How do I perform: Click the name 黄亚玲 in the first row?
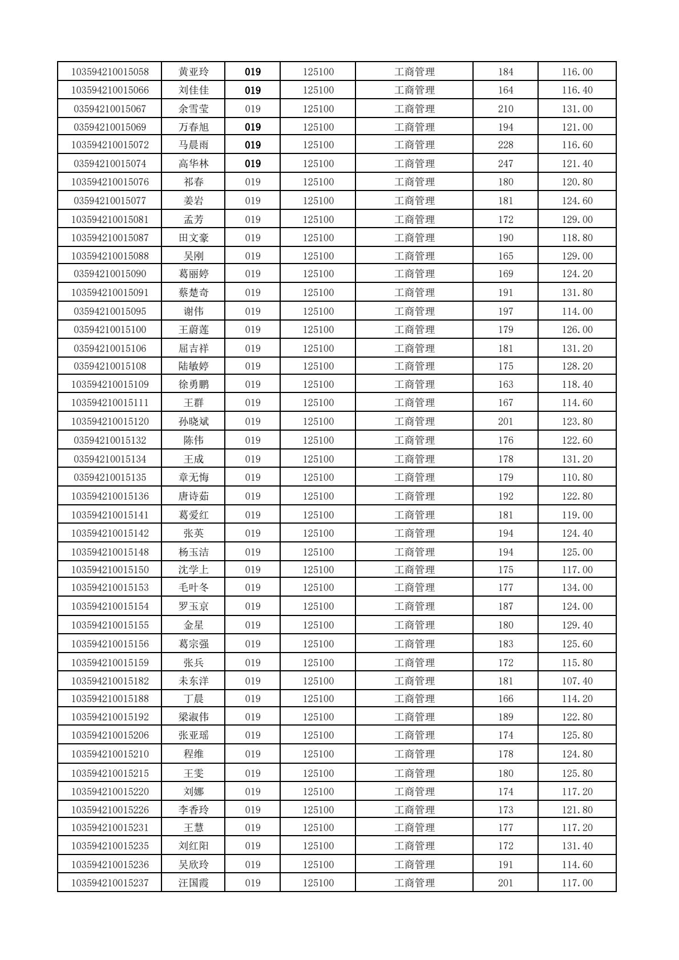click(193, 72)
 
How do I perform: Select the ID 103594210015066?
click(110, 90)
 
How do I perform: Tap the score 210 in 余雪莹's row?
click(505, 109)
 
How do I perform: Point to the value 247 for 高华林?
click(505, 164)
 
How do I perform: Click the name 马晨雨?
click(193, 145)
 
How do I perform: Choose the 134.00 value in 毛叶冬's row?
click(577, 588)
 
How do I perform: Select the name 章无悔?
click(193, 477)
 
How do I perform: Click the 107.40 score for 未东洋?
click(577, 680)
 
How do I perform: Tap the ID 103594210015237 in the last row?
click(110, 882)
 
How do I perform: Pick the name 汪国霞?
click(193, 882)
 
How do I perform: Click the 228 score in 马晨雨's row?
click(505, 145)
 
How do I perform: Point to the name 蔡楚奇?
click(193, 293)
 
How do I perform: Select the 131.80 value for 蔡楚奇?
click(577, 293)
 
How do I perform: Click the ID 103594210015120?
click(110, 422)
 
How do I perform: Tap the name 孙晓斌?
click(193, 422)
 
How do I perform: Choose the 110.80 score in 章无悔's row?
click(577, 477)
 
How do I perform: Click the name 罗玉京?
click(193, 606)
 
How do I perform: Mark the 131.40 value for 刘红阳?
click(577, 845)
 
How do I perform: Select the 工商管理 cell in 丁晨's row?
click(414, 699)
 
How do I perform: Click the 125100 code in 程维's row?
click(318, 754)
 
